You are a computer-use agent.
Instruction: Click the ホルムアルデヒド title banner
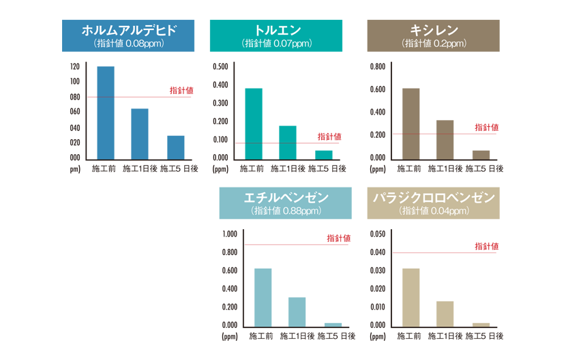128,36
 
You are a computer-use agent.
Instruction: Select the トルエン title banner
276,36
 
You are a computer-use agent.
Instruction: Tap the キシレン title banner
434,36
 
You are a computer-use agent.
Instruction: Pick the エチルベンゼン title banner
285,203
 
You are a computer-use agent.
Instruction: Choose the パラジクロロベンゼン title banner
434,203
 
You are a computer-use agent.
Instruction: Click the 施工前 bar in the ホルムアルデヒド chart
106,112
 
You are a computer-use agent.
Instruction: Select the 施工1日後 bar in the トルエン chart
288,142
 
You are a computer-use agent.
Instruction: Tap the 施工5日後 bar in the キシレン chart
481,155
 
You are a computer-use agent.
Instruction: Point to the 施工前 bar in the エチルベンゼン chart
263,297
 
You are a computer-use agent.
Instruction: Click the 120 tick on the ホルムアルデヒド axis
74,67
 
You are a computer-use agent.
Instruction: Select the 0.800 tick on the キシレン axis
377,67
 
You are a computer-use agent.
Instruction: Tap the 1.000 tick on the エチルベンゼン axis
230,234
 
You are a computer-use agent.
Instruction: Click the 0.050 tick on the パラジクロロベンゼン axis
377,234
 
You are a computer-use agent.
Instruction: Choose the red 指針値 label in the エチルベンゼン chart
338,238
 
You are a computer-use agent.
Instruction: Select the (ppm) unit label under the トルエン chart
220,168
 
